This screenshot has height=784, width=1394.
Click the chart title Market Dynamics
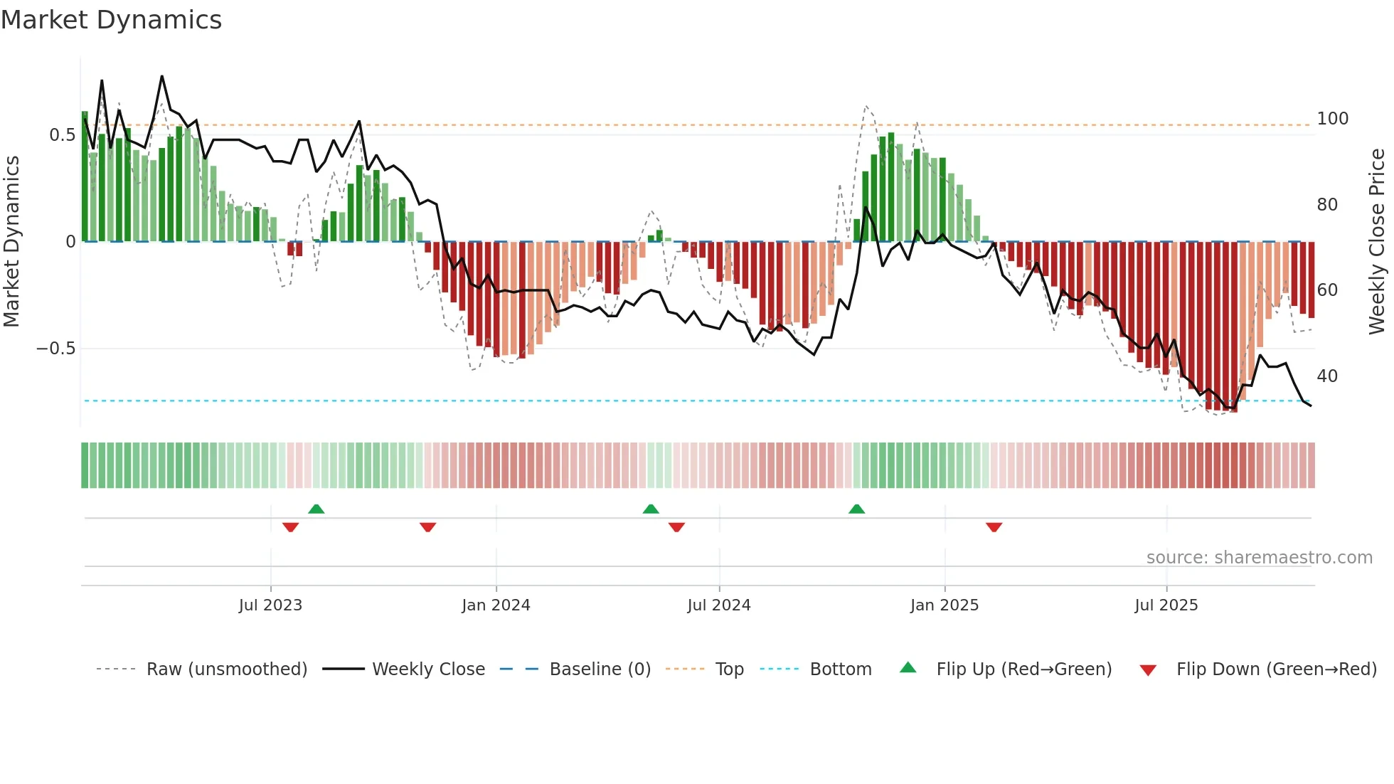(x=111, y=20)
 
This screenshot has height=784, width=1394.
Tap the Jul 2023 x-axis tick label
(x=270, y=605)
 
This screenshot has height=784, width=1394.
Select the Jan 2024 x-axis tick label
(x=496, y=605)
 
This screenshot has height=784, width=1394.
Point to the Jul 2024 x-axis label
(x=719, y=605)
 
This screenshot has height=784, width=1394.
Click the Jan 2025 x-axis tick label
(x=945, y=605)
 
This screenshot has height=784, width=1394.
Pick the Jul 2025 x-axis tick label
(x=1166, y=605)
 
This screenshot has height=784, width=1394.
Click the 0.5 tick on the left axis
(x=63, y=135)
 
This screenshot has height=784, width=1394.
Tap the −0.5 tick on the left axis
(x=56, y=349)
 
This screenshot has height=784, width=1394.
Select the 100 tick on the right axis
(x=1332, y=119)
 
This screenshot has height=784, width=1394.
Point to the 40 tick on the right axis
(x=1327, y=376)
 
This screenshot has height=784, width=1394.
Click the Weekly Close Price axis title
(x=1377, y=242)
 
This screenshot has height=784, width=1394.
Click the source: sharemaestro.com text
(x=1259, y=558)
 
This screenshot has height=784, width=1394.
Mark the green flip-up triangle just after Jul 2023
(x=316, y=509)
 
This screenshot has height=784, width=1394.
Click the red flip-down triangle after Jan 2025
(x=994, y=527)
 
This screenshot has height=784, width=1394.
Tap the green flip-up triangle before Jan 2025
(x=856, y=509)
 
